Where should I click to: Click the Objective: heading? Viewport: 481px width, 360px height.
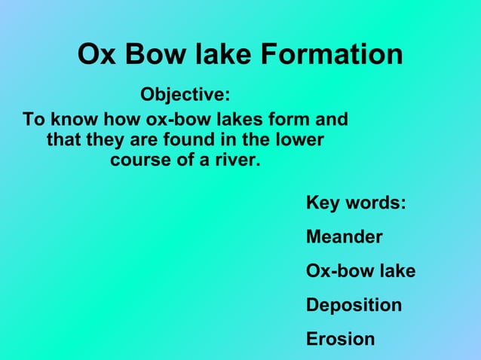[185, 96]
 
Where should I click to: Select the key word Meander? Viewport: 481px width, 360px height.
[344, 237]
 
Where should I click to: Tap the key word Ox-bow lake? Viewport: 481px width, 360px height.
[360, 271]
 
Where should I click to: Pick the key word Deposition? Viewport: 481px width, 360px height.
[354, 305]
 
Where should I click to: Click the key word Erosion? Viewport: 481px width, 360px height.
[340, 339]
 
